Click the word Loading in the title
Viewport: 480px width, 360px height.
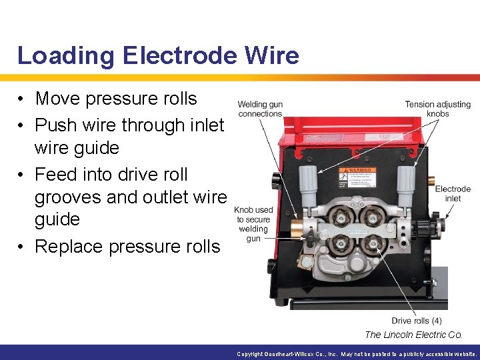pyautogui.click(x=56, y=56)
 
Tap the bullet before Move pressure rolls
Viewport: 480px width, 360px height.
pyautogui.click(x=23, y=99)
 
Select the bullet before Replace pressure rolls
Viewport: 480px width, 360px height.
pyautogui.click(x=23, y=247)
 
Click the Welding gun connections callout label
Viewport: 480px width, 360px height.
pyautogui.click(x=260, y=109)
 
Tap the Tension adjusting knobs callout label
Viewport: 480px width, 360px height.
pyautogui.click(x=437, y=109)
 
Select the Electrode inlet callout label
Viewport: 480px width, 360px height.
pyautogui.click(x=453, y=193)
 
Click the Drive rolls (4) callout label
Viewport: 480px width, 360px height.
pyautogui.click(x=417, y=321)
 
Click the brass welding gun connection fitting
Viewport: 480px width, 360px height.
pyautogui.click(x=294, y=227)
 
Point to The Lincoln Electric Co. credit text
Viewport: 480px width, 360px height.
pyautogui.click(x=413, y=335)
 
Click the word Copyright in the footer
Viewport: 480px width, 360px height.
pyautogui.click(x=251, y=354)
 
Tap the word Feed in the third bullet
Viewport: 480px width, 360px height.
pyautogui.click(x=56, y=175)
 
